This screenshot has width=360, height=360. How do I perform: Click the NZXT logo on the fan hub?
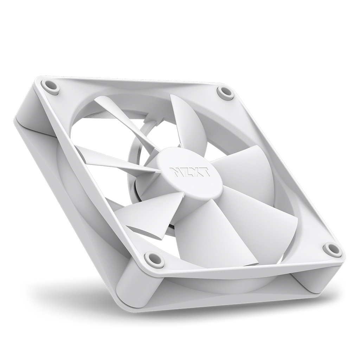[x=190, y=172]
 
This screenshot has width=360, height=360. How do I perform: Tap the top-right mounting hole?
[x=225, y=92]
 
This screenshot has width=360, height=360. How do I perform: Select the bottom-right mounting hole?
[x=332, y=249]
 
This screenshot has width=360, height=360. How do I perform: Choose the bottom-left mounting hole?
[x=154, y=260]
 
